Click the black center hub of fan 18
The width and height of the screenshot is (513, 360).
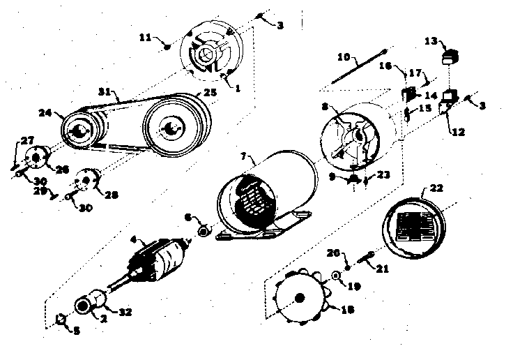(300, 299)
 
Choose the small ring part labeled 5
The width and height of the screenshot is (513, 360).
(61, 320)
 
